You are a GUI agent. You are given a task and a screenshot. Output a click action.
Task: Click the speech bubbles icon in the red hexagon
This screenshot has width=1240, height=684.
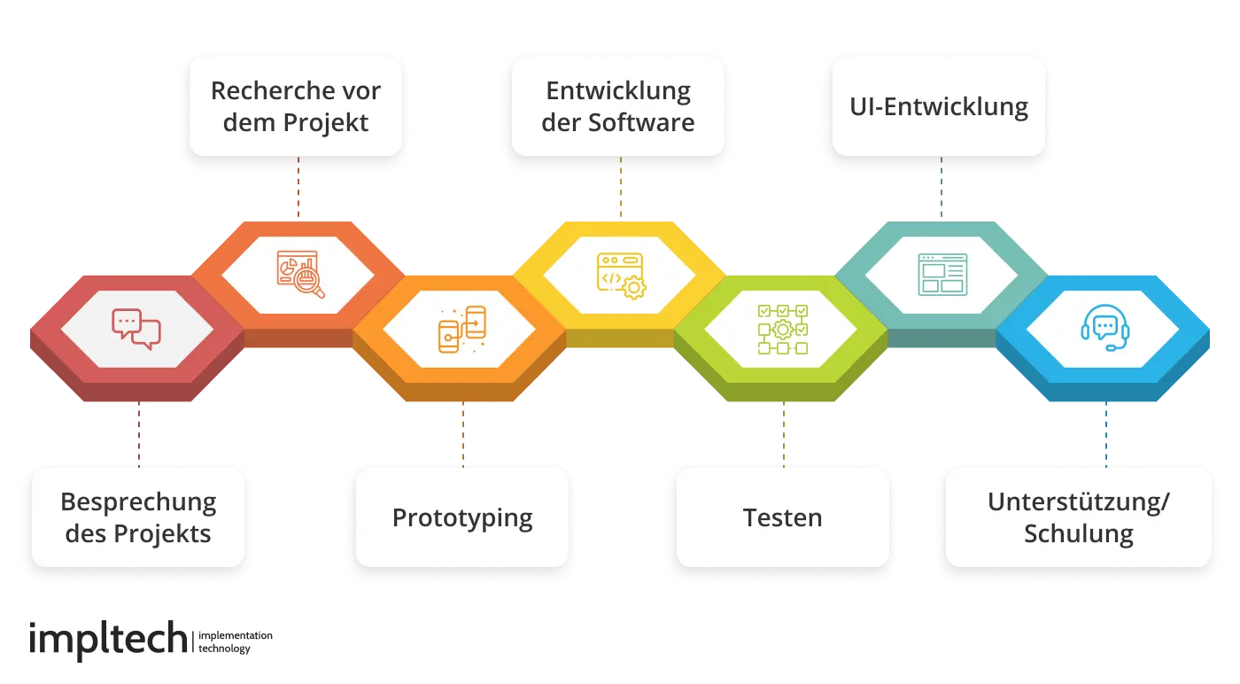point(136,329)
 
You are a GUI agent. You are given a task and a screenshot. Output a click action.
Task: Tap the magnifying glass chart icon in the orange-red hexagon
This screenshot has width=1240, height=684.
point(300,275)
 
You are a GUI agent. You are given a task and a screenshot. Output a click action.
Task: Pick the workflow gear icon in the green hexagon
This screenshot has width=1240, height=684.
point(782,330)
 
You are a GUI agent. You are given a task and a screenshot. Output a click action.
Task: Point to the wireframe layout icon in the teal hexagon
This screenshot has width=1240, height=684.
point(942,275)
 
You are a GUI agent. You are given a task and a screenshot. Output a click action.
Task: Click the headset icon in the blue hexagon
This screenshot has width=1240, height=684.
point(1104,329)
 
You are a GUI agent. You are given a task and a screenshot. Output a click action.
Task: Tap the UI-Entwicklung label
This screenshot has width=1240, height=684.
point(939,106)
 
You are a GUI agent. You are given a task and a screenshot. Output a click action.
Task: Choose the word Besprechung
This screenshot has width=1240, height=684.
point(138,501)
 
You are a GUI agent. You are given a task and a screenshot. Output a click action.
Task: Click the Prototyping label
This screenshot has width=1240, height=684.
point(462,517)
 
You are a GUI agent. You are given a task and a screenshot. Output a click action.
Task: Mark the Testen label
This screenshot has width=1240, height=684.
point(782,517)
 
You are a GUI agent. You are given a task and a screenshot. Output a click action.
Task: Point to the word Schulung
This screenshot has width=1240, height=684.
point(1078,534)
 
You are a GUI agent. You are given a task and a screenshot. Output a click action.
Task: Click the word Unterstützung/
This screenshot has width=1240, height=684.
point(1078,501)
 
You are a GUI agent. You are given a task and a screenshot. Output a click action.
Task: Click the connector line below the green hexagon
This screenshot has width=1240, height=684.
point(782,434)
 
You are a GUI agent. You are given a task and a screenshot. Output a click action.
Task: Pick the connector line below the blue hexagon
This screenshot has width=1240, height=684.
point(1107,434)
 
